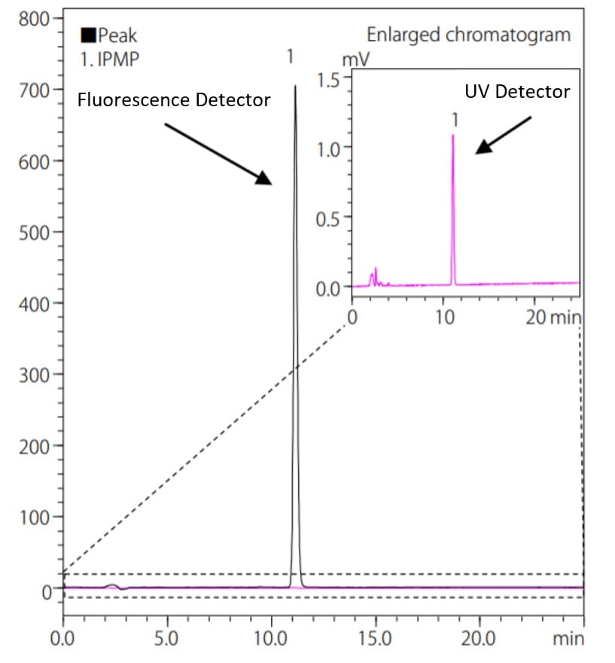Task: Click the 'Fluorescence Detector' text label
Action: pos(174,99)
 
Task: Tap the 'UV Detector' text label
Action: pos(516,92)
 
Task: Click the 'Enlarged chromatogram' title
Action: pos(468,35)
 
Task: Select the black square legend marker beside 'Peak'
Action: pos(88,35)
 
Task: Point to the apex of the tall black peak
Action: pos(295,86)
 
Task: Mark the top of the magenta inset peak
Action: pos(453,136)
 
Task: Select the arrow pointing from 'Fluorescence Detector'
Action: pos(218,154)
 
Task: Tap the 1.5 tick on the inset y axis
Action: pos(330,77)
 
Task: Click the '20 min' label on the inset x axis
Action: pos(553,316)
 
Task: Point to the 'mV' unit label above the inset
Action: pos(355,60)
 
